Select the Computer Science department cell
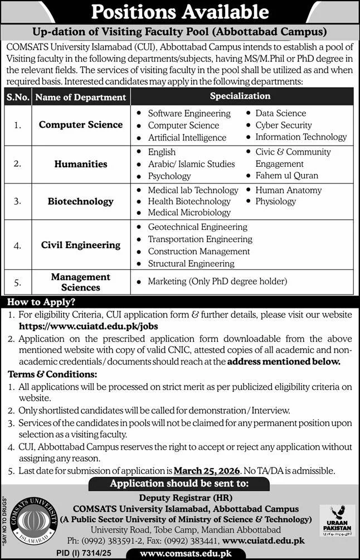tap(81, 124)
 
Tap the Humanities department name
tap(81, 164)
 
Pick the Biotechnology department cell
tap(81, 201)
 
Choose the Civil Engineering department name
tap(81, 245)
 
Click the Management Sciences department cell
tap(81, 282)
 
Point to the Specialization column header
tap(240, 96)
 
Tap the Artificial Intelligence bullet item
tap(187, 137)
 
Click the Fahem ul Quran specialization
tap(287, 175)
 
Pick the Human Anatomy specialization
tap(289, 190)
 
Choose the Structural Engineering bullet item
tap(191, 263)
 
